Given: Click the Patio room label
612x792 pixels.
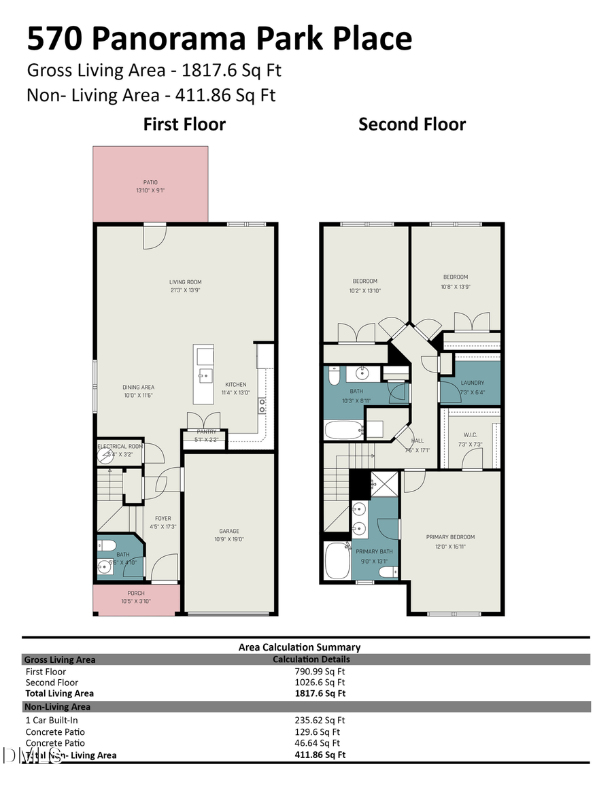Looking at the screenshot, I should click(150, 182).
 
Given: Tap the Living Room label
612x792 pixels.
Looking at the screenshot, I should click(185, 281).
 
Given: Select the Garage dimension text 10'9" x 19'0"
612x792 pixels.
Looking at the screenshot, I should click(229, 539).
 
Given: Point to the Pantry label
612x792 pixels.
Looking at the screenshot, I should click(207, 432).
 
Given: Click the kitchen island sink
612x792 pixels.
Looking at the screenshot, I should click(203, 375).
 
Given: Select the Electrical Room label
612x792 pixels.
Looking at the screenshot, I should click(120, 447).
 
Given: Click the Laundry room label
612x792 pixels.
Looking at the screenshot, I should click(472, 383).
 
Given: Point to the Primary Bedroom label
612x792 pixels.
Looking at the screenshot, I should click(450, 537).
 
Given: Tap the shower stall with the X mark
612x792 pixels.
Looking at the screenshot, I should click(384, 484).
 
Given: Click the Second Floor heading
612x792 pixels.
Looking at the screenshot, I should click(412, 124).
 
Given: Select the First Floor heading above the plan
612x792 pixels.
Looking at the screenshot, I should click(184, 124).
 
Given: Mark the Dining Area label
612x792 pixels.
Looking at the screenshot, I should click(138, 388).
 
